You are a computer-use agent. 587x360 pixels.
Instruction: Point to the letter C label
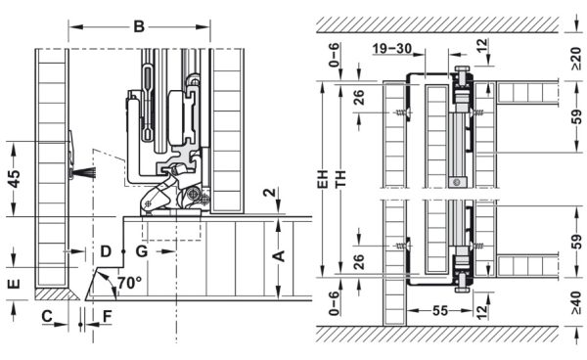coord(46,317)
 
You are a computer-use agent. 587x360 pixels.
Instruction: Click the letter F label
coord(108,317)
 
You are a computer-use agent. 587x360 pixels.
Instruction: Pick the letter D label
coord(106,252)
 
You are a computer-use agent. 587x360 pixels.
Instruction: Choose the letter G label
coord(142,252)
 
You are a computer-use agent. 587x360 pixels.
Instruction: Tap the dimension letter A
coord(278,256)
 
